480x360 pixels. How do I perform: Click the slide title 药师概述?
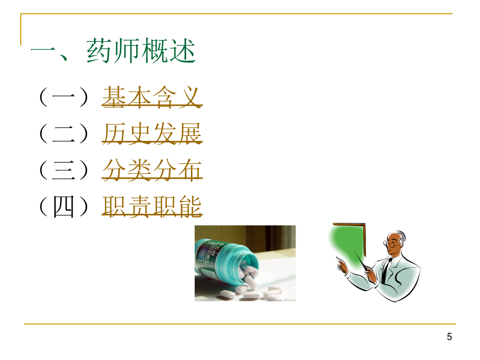coord(141,51)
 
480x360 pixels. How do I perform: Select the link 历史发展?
coord(152,133)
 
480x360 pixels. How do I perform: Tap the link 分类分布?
coord(152,170)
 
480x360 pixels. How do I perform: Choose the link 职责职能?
coord(152,206)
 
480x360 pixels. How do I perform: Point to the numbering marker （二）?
coord(63,133)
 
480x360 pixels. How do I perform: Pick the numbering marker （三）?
coord(63,170)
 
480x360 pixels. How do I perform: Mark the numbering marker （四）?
coord(63,206)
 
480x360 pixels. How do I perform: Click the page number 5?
coord(449,337)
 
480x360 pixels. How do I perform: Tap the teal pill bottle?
coord(226,263)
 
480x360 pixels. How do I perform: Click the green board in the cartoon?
coord(346,245)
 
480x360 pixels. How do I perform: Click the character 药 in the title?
coord(99,51)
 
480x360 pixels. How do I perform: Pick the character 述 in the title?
coord(183,51)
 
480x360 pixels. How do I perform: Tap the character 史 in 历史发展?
coord(140,133)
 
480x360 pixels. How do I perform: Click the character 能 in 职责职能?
coord(190,206)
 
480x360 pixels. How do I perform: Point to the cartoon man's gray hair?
coord(401,236)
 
